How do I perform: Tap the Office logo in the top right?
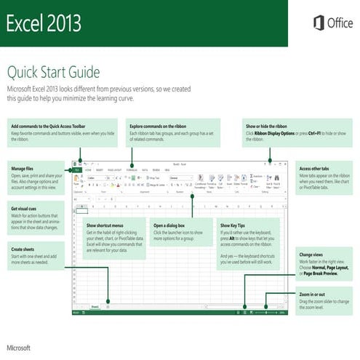[x=333, y=23]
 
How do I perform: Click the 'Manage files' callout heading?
[x=24, y=168]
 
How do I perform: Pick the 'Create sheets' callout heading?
[x=23, y=249]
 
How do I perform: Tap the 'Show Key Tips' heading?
[x=235, y=226]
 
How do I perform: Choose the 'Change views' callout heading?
[x=313, y=255]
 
